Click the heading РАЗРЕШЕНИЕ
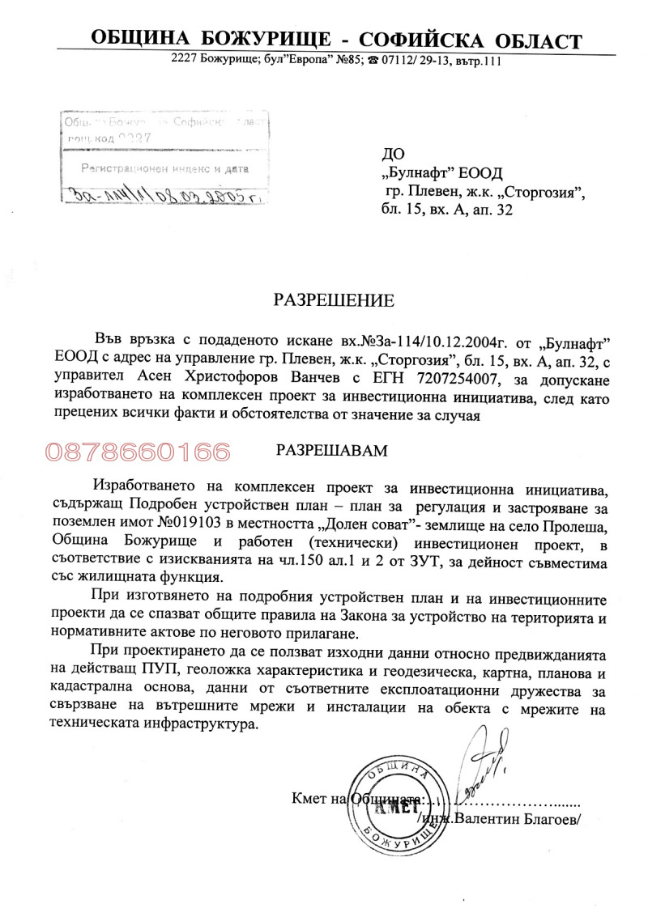333,301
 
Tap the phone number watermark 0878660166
139,452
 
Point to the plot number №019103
222,523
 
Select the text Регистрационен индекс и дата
164,168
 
